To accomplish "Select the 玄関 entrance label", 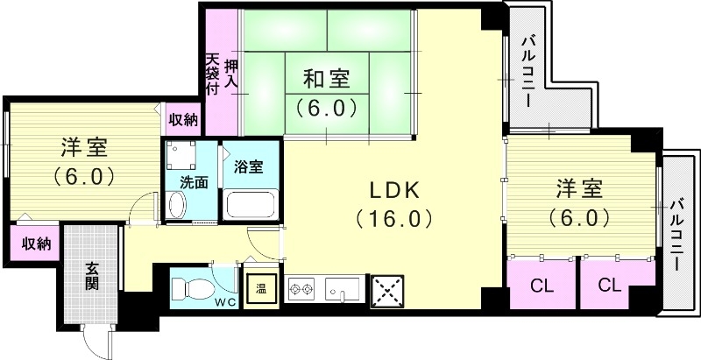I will (92, 276).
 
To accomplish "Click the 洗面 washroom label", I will (193, 183).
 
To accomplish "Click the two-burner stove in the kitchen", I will (302, 288).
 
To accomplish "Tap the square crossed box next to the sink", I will (386, 288).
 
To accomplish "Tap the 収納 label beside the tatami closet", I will (183, 118).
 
